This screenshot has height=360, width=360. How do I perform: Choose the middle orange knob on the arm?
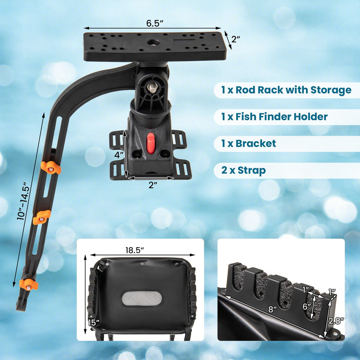pos(41,216)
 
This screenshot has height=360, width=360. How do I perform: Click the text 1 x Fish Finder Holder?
pos(274,117)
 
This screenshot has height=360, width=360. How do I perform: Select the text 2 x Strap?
pos(243,171)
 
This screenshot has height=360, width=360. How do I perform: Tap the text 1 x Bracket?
pos(248,144)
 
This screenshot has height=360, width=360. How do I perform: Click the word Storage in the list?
pos(331,90)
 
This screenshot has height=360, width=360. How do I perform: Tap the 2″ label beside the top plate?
pos(236,39)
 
